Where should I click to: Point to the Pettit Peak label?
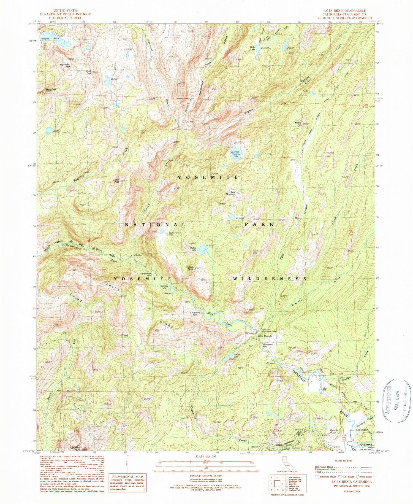tap(89, 72)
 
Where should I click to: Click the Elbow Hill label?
tap(298, 124)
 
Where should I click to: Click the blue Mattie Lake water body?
tap(203, 250)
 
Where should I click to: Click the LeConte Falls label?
tap(163, 287)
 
